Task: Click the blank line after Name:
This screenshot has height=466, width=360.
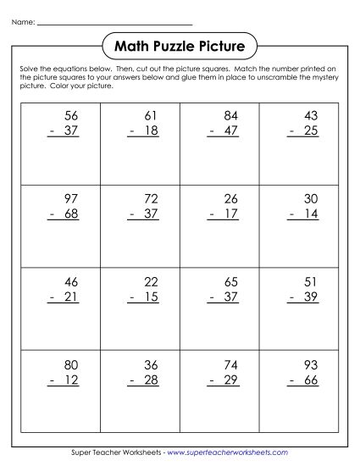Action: pyautogui.click(x=115, y=24)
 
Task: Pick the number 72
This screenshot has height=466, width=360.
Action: pyautogui.click(x=150, y=198)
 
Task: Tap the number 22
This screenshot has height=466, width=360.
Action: pyautogui.click(x=150, y=280)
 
